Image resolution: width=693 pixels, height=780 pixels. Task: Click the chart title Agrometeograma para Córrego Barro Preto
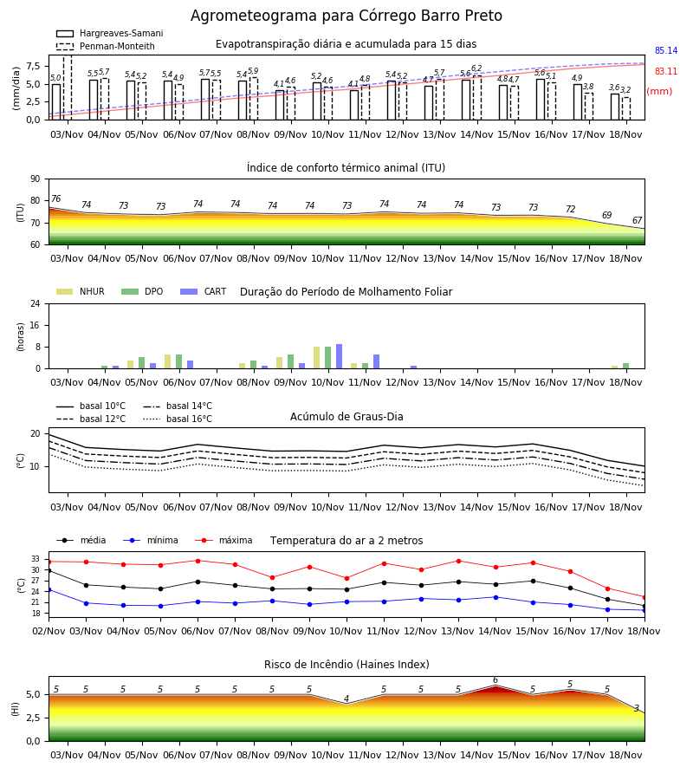pyautogui.click(x=346, y=16)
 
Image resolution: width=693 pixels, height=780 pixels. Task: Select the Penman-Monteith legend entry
pyautogui.click(x=106, y=46)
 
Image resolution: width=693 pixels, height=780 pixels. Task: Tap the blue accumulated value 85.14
pyautogui.click(x=665, y=51)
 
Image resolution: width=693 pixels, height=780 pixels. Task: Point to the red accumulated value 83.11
pyautogui.click(x=665, y=72)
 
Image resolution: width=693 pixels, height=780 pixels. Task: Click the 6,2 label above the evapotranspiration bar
pyautogui.click(x=476, y=68)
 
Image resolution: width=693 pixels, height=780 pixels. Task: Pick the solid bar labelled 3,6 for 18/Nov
pyautogui.click(x=615, y=107)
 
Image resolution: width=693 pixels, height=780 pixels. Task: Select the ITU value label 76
pyautogui.click(x=55, y=199)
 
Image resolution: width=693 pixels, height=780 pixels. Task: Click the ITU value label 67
pyautogui.click(x=637, y=220)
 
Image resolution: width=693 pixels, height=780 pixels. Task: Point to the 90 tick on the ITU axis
pyautogui.click(x=35, y=179)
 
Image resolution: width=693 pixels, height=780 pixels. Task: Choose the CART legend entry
pyautogui.click(x=203, y=291)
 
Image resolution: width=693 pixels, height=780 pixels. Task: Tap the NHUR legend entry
pyautogui.click(x=80, y=291)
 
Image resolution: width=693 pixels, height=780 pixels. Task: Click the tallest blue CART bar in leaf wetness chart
pyautogui.click(x=339, y=356)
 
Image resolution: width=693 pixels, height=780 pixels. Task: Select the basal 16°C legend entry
pyautogui.click(x=177, y=419)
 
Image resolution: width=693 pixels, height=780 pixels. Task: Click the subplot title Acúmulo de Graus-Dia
pyautogui.click(x=346, y=417)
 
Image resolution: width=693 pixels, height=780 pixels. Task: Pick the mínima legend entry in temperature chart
pyautogui.click(x=150, y=540)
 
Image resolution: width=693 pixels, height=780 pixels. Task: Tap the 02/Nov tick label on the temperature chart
pyautogui.click(x=49, y=631)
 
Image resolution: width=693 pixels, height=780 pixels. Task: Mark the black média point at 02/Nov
pyautogui.click(x=49, y=570)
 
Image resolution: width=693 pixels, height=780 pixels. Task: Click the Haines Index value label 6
pyautogui.click(x=495, y=680)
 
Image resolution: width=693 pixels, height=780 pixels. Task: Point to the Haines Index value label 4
pyautogui.click(x=346, y=699)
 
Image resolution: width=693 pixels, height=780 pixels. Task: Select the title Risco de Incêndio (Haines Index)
pyautogui.click(x=346, y=665)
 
